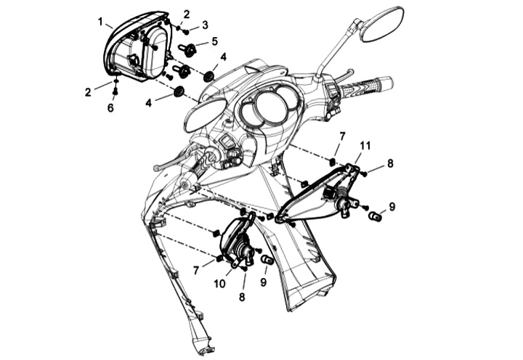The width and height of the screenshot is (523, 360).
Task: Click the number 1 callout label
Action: coord(100,22)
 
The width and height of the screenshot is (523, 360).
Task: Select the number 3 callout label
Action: coord(205,25)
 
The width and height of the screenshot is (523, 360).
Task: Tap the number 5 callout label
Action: coord(214,41)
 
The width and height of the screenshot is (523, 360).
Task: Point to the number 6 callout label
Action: coord(110,107)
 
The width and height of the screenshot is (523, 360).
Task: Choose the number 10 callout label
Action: coord(220,284)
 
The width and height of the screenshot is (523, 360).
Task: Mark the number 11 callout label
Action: coord(365,146)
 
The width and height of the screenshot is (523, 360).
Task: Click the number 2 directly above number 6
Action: coord(88,92)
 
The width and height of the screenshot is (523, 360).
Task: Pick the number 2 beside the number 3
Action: coord(186,14)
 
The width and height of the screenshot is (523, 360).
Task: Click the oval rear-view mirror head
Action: coord(383,24)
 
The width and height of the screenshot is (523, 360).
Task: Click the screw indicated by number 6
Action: coord(115,90)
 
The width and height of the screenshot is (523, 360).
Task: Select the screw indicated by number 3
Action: coord(186,32)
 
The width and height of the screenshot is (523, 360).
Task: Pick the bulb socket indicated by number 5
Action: coord(188,49)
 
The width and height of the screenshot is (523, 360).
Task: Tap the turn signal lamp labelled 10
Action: coord(238,240)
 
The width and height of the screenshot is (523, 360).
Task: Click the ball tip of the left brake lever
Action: coord(157,168)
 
